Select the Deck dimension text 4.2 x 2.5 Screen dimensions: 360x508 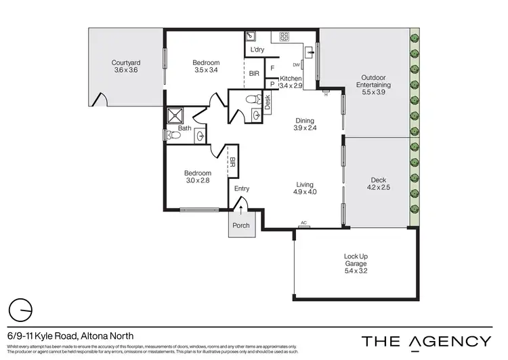(x=378, y=187)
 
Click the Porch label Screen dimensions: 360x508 (x=241, y=225)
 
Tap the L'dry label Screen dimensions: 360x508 (x=257, y=50)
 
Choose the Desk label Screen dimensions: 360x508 (x=268, y=102)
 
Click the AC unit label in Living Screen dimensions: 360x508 (x=305, y=223)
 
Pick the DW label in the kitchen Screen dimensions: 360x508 (x=297, y=65)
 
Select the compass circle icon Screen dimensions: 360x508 (x=22, y=311)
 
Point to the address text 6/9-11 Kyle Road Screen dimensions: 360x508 (x=70, y=336)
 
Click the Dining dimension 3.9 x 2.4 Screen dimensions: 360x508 (x=305, y=127)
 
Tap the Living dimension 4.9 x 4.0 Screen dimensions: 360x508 (x=305, y=192)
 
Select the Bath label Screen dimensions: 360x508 (x=184, y=127)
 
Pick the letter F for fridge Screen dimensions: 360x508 (x=272, y=68)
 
